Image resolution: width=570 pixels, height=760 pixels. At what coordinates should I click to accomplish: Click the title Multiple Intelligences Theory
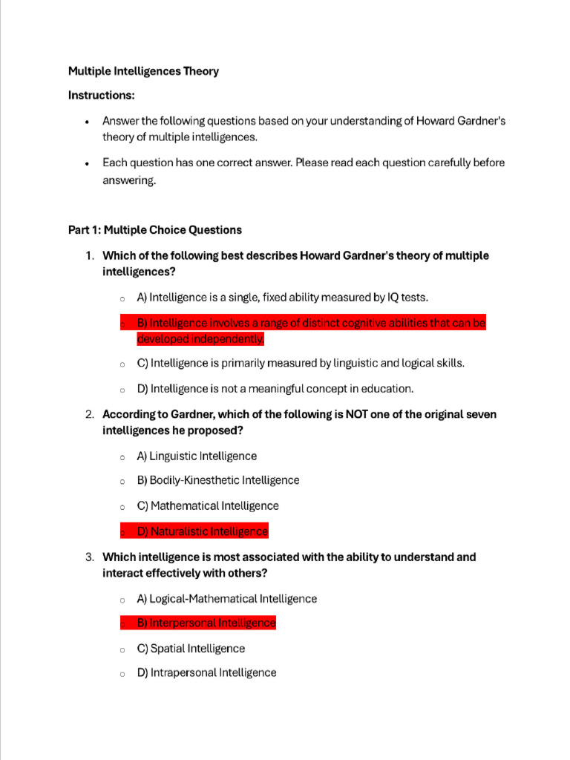(x=143, y=71)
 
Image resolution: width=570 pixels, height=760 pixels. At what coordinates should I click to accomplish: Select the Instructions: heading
(x=101, y=95)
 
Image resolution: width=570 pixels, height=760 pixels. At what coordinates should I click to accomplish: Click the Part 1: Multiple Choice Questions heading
(x=154, y=230)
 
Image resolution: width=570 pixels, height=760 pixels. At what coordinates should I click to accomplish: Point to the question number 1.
(x=88, y=255)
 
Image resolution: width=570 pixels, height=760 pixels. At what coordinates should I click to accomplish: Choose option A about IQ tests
(x=282, y=298)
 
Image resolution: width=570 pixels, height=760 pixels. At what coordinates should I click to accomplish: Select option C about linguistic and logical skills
(x=301, y=364)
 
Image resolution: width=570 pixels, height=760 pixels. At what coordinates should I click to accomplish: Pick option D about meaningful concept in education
(x=275, y=388)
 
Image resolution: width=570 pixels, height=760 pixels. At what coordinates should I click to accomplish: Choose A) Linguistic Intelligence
(x=197, y=456)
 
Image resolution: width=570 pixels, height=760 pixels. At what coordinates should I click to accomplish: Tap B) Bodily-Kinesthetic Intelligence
(x=218, y=480)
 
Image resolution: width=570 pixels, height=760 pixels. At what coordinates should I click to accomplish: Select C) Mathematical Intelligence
(x=208, y=506)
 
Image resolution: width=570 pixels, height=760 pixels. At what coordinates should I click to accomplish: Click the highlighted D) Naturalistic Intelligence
(x=202, y=531)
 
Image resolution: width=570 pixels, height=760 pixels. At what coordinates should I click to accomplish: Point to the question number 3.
(x=88, y=557)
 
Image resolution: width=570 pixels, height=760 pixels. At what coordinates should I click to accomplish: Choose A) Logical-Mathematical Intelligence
(x=226, y=599)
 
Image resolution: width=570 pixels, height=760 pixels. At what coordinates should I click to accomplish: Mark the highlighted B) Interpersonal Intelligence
(x=206, y=623)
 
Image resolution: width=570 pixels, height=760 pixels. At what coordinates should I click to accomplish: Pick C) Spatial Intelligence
(x=191, y=649)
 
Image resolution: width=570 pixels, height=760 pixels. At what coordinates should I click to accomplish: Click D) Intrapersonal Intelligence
(x=206, y=673)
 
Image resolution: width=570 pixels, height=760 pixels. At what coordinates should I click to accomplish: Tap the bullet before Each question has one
(x=88, y=163)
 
